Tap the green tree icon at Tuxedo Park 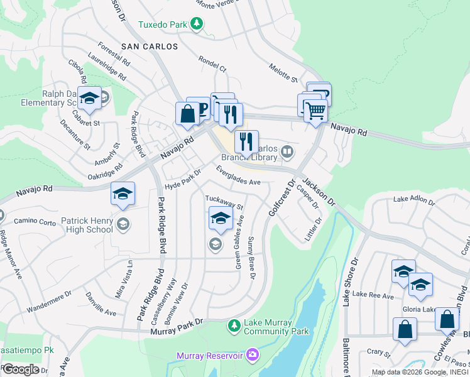tap(197, 24)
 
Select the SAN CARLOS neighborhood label tap(146, 46)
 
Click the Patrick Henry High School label tap(87, 225)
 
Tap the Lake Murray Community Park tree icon tap(234, 325)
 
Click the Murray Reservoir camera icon tap(253, 355)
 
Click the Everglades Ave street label tap(238, 175)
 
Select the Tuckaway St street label tap(224, 202)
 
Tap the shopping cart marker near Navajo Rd tap(315, 112)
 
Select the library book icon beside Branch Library tap(287, 150)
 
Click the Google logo tap(20, 369)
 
